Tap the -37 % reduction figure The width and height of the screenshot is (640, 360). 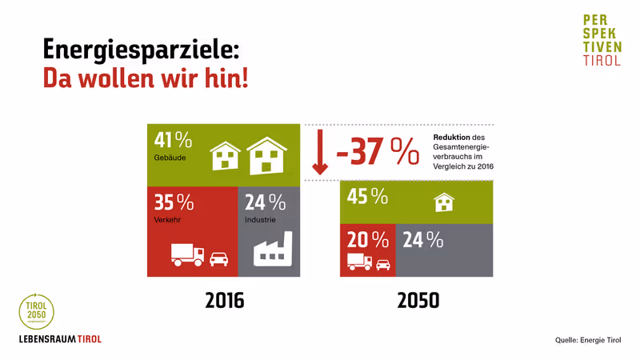click(x=377, y=152)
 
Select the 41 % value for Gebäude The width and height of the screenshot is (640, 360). click(x=173, y=140)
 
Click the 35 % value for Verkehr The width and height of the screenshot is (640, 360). click(x=174, y=202)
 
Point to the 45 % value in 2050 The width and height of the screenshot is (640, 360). click(x=367, y=196)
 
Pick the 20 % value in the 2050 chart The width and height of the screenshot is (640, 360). click(x=367, y=239)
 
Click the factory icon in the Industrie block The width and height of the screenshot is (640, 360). click(x=273, y=250)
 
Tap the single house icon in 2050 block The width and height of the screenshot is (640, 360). click(x=444, y=202)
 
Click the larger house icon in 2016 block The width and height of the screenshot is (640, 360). click(x=266, y=155)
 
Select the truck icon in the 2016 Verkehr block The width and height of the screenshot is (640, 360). click(x=188, y=255)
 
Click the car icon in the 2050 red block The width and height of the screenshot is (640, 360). click(x=383, y=263)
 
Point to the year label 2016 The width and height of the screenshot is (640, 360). click(x=224, y=301)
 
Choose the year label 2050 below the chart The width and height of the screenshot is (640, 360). click(x=418, y=301)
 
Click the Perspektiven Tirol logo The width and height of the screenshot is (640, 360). click(x=602, y=39)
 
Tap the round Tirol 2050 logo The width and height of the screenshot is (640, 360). click(x=37, y=311)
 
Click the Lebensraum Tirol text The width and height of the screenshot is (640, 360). click(x=60, y=339)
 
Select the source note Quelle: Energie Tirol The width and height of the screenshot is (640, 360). click(x=588, y=340)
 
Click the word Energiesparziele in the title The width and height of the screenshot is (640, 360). click(x=140, y=50)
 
